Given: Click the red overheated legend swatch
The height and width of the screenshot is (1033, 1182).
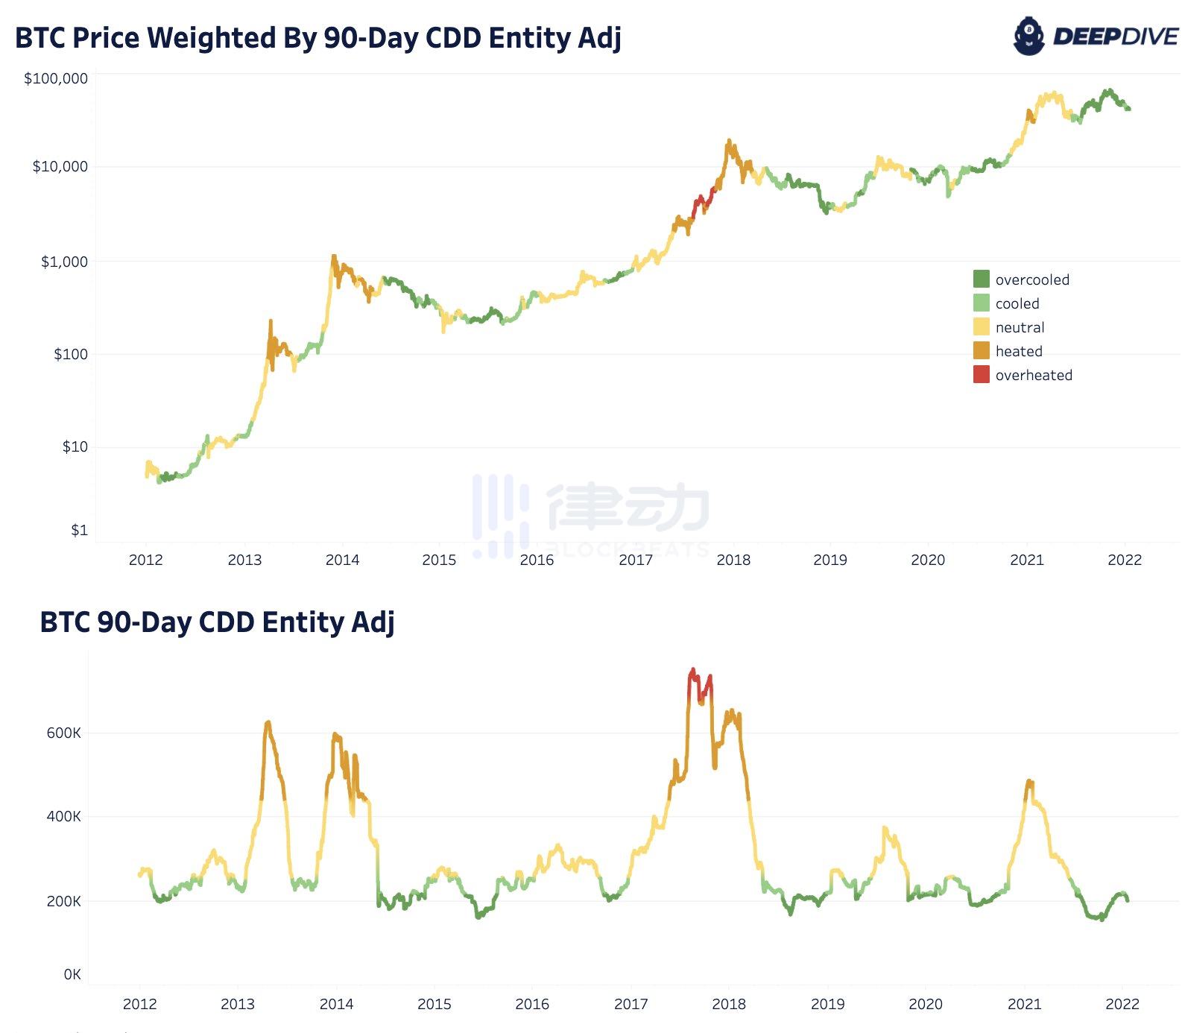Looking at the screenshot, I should click(x=981, y=375).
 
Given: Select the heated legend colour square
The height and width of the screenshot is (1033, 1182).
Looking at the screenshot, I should click(x=981, y=351).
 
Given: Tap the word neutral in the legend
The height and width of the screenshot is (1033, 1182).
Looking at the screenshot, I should click(x=1020, y=327).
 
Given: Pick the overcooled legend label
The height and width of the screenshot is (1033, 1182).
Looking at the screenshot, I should click(x=1032, y=279).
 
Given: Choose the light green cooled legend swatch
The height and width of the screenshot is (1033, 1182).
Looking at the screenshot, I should click(x=981, y=303).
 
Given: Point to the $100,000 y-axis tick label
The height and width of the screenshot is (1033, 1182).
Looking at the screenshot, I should click(x=56, y=78).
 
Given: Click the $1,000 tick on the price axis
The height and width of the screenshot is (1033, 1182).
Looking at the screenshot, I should click(x=64, y=262).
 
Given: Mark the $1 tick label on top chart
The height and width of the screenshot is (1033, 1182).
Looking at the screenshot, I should click(x=79, y=530).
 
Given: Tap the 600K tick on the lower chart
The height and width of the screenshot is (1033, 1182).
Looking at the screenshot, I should click(x=63, y=733).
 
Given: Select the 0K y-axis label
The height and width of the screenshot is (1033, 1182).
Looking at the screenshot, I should click(x=72, y=974).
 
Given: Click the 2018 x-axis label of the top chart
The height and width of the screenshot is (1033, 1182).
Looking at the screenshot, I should click(x=733, y=560).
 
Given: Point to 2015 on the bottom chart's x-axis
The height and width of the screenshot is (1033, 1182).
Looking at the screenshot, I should click(x=434, y=1004).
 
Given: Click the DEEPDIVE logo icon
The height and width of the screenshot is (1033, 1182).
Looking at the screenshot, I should click(x=1029, y=36).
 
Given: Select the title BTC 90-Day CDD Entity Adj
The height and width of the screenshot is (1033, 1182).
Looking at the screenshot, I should click(x=217, y=622).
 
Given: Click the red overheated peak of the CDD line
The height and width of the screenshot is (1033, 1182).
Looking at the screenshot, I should click(x=693, y=671).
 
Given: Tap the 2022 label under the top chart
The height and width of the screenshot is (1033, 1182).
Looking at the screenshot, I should click(x=1125, y=560).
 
